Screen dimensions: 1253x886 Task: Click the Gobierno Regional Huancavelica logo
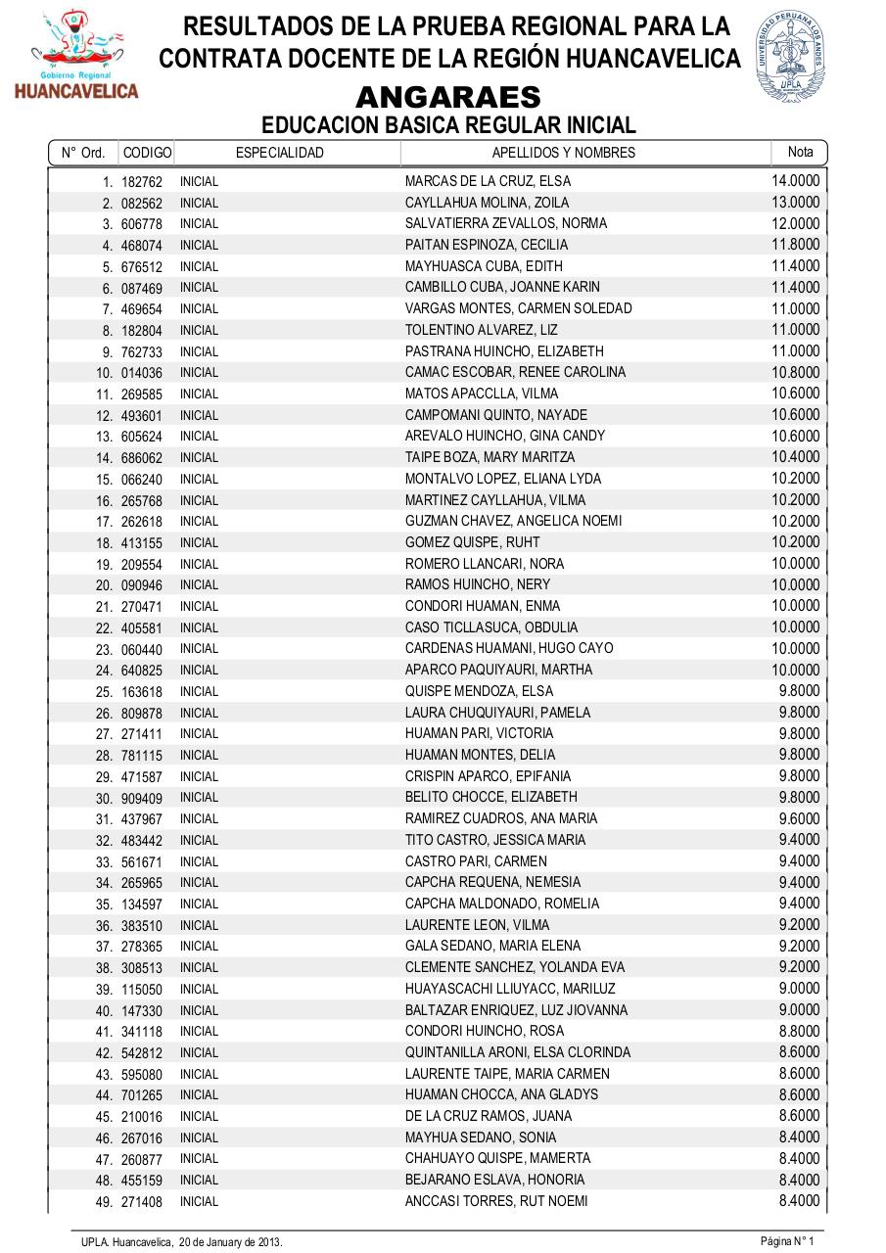click(x=76, y=57)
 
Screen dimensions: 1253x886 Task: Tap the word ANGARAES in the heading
click(x=448, y=98)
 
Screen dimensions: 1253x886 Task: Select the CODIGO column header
click(x=148, y=153)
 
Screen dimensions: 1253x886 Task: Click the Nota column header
click(x=800, y=152)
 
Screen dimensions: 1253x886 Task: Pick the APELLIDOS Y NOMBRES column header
click(x=563, y=153)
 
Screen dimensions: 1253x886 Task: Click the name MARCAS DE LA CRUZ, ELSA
click(x=488, y=181)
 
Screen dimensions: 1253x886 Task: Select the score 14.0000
click(x=795, y=181)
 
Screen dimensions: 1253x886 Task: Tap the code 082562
click(x=142, y=204)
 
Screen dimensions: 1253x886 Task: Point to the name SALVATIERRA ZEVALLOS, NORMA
click(x=505, y=223)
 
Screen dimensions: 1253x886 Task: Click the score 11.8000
click(x=795, y=245)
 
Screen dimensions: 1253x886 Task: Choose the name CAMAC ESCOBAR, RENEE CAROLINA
click(x=515, y=372)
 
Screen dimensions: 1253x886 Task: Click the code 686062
click(x=142, y=458)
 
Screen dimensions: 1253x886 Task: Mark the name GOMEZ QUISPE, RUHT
click(x=472, y=542)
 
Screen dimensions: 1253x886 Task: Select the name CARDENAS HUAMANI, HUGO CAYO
click(x=509, y=648)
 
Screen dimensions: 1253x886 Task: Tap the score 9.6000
click(x=799, y=818)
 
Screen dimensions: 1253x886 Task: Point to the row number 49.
click(x=104, y=1202)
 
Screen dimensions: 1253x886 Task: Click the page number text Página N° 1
click(x=787, y=1241)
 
